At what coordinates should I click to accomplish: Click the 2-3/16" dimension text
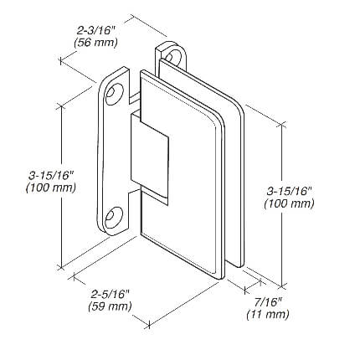95,30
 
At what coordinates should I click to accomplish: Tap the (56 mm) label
95,43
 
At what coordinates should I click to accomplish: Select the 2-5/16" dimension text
110,294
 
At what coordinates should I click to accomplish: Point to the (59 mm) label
110,306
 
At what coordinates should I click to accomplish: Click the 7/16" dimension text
268,302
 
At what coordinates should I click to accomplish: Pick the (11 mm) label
268,315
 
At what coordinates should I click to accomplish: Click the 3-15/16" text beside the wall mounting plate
50,176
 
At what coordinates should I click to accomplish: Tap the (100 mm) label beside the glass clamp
289,203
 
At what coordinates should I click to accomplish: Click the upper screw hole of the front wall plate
114,93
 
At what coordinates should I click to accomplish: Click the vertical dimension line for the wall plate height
61,186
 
